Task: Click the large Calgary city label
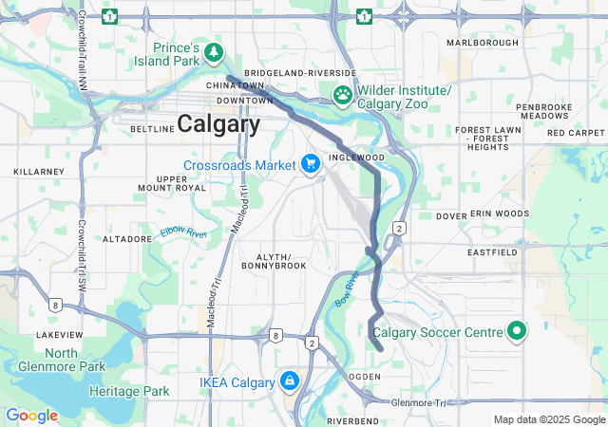tap(218, 124)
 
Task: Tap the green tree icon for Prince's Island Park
tap(216, 50)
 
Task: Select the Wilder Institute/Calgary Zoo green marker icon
tap(342, 95)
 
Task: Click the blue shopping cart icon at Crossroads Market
tap(310, 164)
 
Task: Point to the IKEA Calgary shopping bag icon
tap(289, 382)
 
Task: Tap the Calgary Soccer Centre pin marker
tap(517, 331)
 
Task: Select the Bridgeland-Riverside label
tap(299, 73)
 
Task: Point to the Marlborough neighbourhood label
tap(483, 43)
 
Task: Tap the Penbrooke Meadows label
tap(544, 110)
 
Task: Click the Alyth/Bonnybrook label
tap(281, 262)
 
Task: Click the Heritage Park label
tap(129, 391)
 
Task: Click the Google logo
tap(31, 416)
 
